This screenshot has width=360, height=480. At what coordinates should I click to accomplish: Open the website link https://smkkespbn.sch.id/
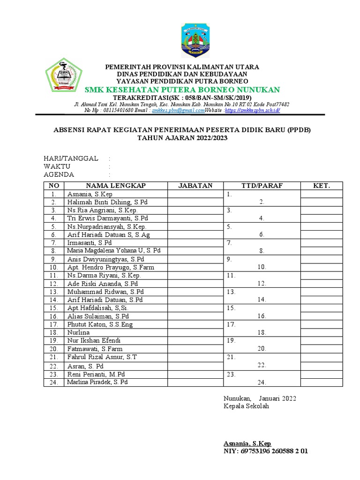252,110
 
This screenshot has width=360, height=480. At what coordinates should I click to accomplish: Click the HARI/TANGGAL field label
71,158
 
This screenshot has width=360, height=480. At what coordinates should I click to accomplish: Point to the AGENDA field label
59,174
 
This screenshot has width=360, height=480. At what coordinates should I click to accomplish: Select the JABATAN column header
195,186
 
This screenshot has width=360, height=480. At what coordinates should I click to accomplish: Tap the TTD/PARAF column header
262,186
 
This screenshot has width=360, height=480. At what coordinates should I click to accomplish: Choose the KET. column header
322,186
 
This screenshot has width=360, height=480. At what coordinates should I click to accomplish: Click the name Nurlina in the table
78,332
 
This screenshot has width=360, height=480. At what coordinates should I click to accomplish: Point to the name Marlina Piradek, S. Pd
97,382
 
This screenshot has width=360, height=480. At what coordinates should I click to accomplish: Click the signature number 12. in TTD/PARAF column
262,284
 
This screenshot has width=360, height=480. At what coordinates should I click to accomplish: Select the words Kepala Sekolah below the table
246,406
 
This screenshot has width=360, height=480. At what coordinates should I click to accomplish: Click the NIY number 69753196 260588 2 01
275,451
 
